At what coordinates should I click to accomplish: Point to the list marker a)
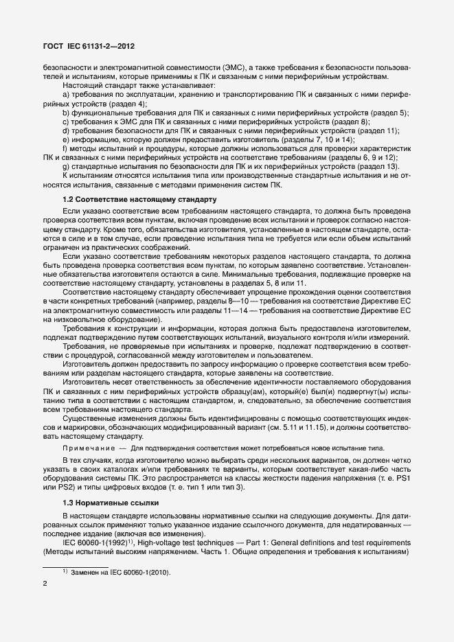point(66,94)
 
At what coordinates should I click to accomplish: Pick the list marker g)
point(66,167)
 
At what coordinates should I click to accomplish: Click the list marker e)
point(66,139)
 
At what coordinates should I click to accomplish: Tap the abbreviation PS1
point(403,479)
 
